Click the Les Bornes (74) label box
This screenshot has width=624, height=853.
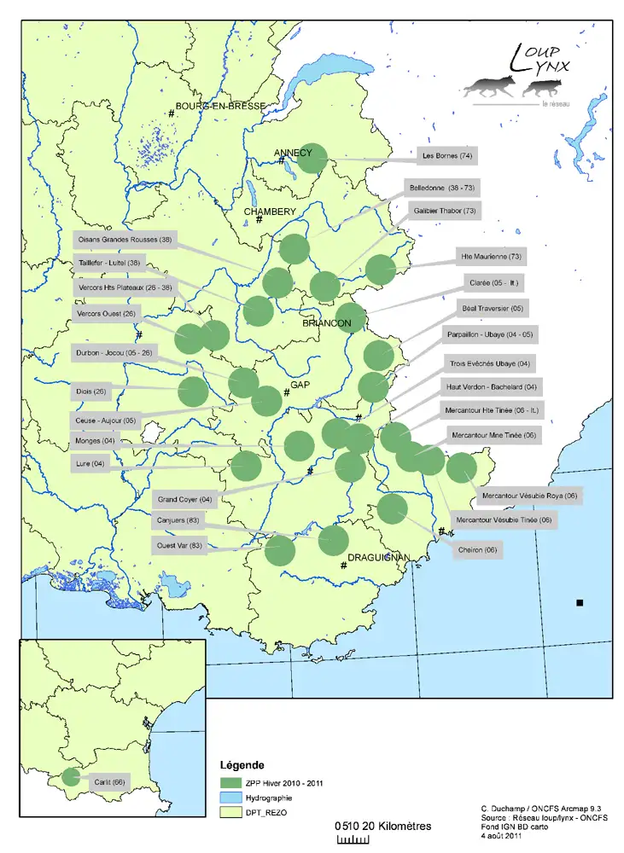447,156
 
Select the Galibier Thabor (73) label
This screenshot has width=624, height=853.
445,210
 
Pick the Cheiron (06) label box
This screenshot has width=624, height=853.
478,550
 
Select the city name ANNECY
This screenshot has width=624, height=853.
293,154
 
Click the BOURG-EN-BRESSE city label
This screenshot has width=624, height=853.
220,107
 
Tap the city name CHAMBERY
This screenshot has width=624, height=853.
270,212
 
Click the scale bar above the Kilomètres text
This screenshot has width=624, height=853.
353,840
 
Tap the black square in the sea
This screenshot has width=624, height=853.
580,603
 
